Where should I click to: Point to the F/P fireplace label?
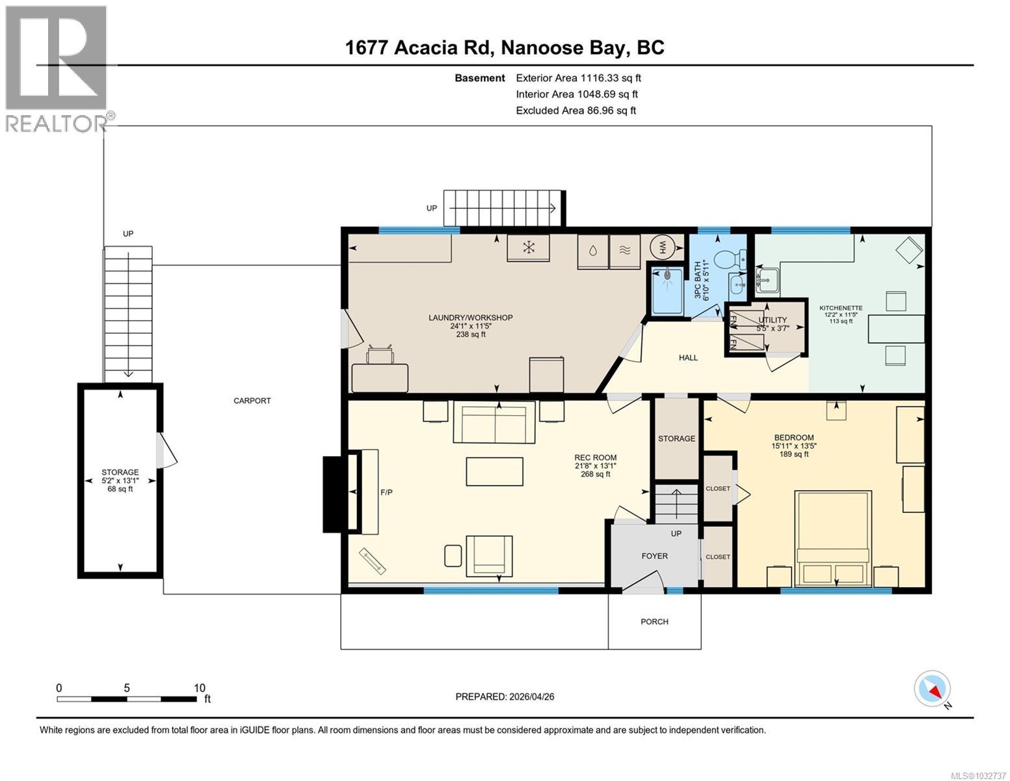click(x=386, y=492)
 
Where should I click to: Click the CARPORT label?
click(x=252, y=401)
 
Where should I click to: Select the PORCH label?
click(x=654, y=622)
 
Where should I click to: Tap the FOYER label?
click(x=654, y=556)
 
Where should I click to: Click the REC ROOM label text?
click(x=595, y=458)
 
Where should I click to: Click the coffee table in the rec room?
click(x=494, y=471)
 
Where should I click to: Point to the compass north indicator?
click(x=933, y=689)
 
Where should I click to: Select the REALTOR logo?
click(x=57, y=68)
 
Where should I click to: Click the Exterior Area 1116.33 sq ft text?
click(x=578, y=78)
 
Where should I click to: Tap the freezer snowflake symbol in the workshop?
click(x=529, y=248)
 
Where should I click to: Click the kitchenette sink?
click(x=768, y=280)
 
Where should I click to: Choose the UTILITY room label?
click(x=772, y=320)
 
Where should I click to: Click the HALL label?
click(x=688, y=357)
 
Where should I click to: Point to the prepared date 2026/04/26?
click(x=505, y=696)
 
